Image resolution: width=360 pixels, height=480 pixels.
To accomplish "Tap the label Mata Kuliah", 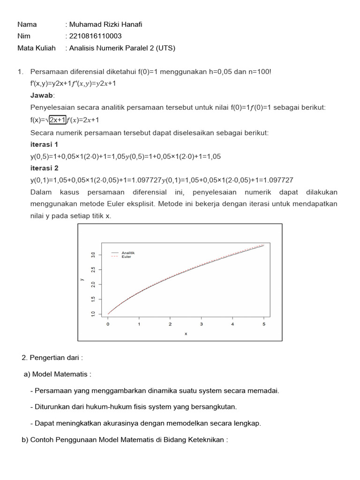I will pos(37,48).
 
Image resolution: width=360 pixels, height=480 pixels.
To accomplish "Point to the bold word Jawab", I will pos(42,95).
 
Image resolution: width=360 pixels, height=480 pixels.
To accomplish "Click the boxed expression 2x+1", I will pos(58,120).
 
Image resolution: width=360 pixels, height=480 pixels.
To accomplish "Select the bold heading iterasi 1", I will pos(45,144).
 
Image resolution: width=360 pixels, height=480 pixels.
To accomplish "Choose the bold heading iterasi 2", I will pos(45,168).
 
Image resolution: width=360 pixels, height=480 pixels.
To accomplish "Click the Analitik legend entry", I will pos(128,253).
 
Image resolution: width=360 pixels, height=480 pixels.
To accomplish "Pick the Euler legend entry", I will pos(126,257).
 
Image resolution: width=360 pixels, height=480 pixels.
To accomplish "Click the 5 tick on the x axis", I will pos(264,324).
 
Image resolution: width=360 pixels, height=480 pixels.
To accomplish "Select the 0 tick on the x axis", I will pos(108,324).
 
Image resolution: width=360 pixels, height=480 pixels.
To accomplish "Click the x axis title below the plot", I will pos(186,334).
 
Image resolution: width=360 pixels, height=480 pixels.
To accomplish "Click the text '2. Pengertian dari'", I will pos(52,358).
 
